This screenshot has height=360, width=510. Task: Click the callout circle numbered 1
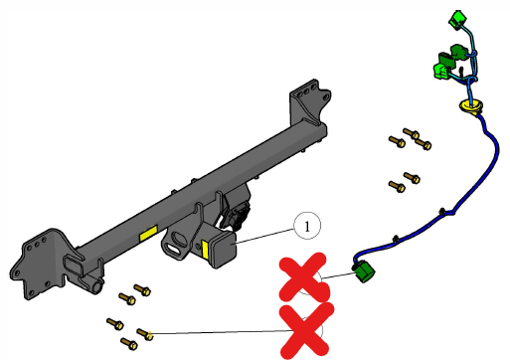307,226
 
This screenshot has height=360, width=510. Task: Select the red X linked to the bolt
305,331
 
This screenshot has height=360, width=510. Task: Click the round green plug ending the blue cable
364,271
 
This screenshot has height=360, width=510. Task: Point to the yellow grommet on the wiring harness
470,106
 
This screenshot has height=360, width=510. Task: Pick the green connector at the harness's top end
457,19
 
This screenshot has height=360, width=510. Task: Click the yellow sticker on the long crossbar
148,233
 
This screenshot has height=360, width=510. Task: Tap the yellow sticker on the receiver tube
205,250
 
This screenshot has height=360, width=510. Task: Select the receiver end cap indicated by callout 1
223,249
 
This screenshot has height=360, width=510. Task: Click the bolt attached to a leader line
145,334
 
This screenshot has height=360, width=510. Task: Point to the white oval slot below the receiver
172,249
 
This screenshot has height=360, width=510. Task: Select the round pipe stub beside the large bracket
95,286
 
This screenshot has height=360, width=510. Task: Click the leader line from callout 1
264,237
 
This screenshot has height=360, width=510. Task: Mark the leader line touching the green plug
338,275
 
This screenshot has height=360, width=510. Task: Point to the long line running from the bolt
220,332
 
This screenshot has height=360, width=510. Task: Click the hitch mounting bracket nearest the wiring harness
309,102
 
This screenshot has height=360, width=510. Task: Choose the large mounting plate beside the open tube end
40,263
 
